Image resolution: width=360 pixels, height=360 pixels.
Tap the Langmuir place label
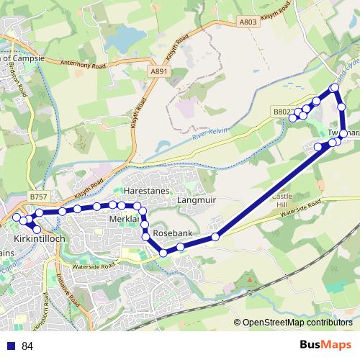197,200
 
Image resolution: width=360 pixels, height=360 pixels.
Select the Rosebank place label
173,235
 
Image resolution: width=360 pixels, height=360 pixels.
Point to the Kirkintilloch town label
40,238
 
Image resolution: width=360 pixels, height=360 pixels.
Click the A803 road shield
248,23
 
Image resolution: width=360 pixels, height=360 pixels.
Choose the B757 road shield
39,196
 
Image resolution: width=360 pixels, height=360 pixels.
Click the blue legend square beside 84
10,346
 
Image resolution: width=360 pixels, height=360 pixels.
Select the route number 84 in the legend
27,346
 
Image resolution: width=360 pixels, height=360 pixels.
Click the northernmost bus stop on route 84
334,88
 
